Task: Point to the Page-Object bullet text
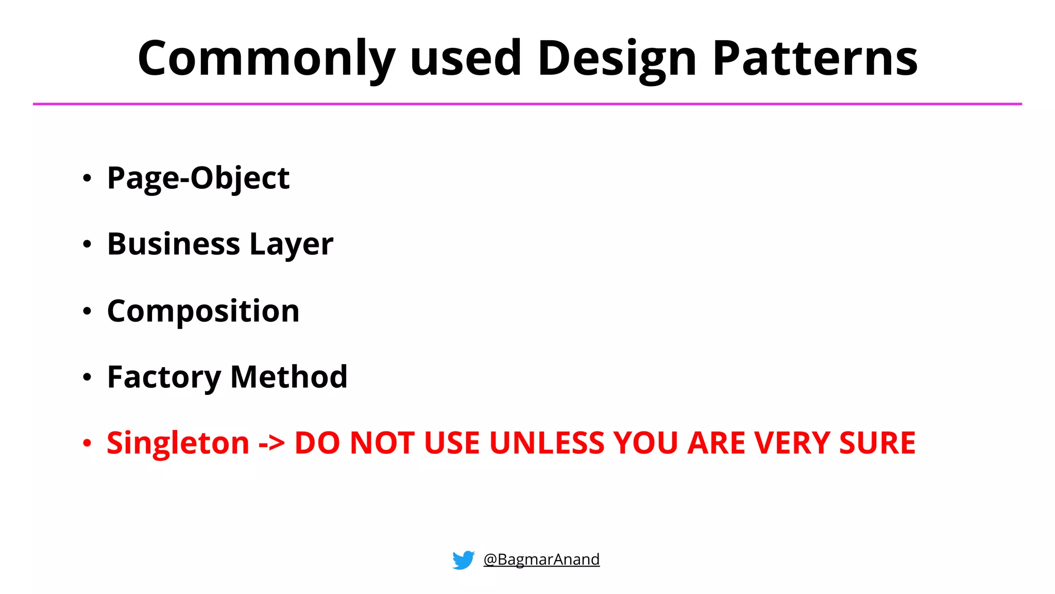click(198, 178)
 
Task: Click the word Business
click(174, 244)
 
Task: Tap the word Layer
click(291, 245)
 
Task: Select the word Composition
click(203, 311)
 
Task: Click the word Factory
click(164, 377)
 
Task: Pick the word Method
click(289, 377)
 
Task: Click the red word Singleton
click(178, 443)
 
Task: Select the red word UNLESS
click(546, 443)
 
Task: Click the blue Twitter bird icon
click(463, 560)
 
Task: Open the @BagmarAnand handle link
click(541, 559)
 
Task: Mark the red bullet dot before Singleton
click(87, 443)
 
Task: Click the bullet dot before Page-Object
click(87, 178)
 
